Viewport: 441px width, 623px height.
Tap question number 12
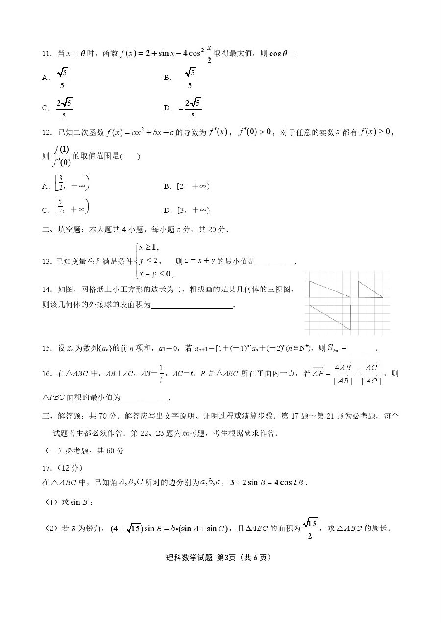tap(47, 132)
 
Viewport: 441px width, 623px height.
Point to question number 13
tap(47, 262)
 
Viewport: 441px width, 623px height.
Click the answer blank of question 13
tap(276, 262)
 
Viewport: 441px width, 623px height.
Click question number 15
tap(47, 348)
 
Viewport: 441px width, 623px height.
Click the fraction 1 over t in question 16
tap(133, 373)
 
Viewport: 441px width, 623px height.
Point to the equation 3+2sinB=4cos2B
tap(269, 482)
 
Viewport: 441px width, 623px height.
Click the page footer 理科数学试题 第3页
tap(220, 557)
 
